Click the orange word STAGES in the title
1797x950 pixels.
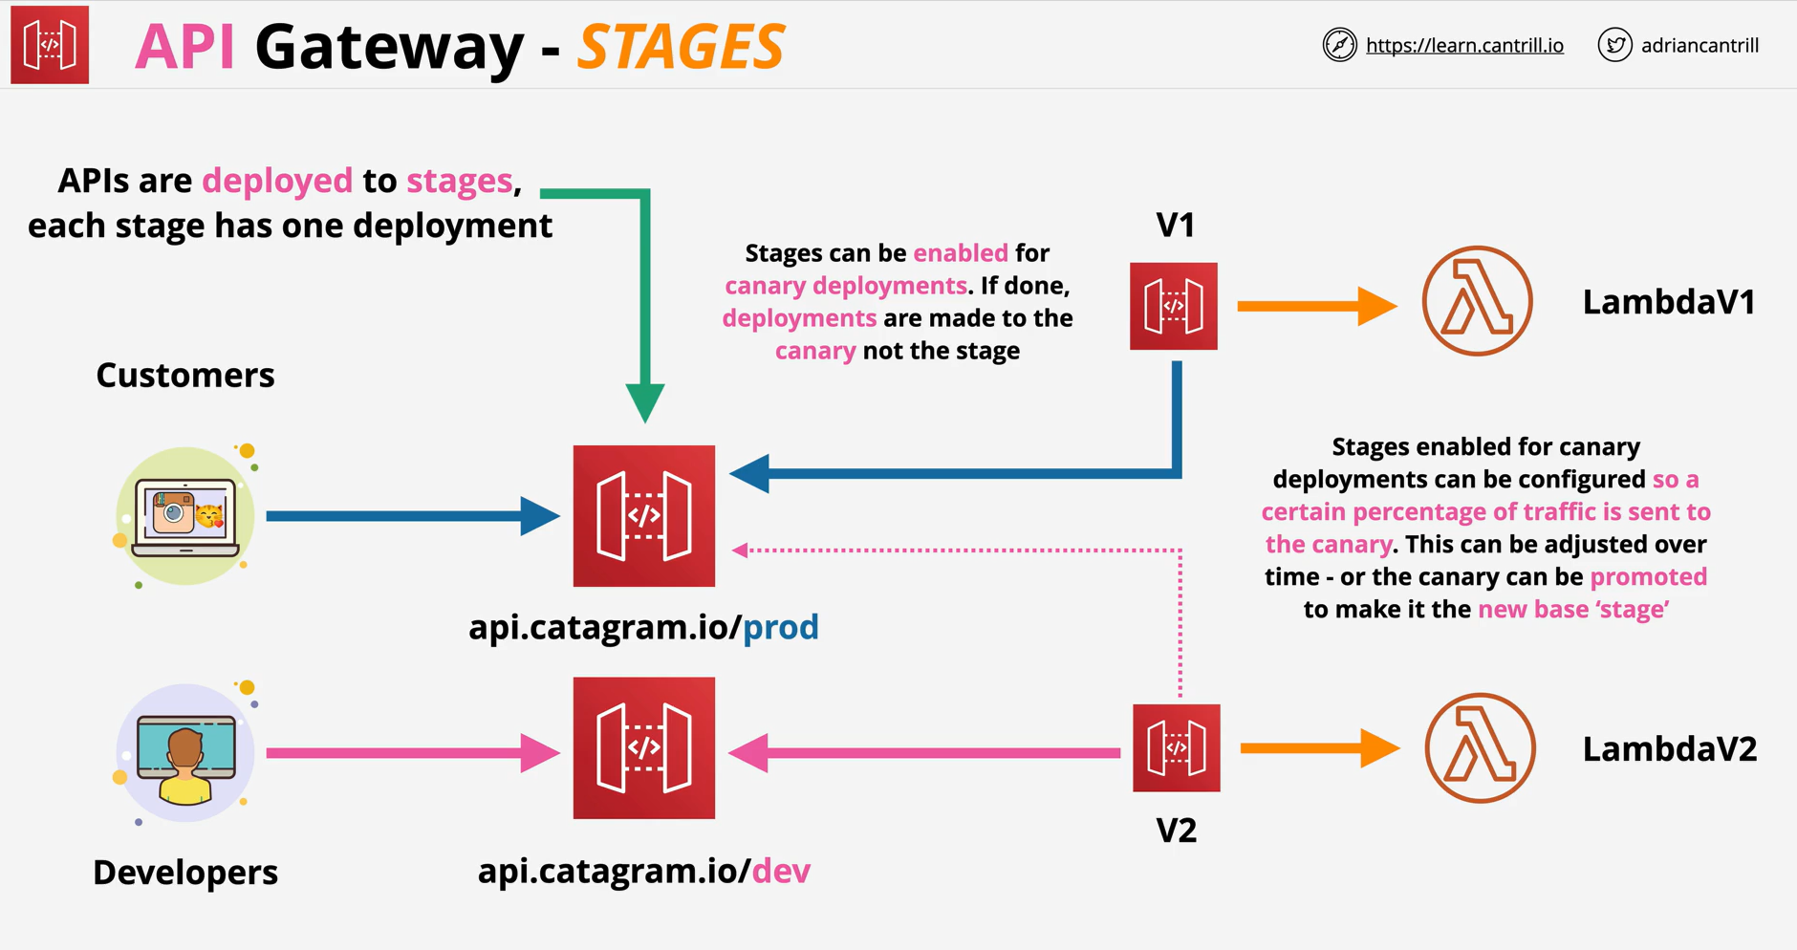point(681,47)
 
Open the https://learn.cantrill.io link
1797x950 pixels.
point(1464,45)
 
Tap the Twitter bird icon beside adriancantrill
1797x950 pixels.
point(1614,45)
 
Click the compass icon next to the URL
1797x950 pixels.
point(1339,45)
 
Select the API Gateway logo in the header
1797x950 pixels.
point(50,45)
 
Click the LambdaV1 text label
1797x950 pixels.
point(1669,302)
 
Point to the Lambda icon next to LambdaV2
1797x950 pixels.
point(1480,748)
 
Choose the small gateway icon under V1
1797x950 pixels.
point(1174,306)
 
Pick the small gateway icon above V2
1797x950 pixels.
point(1177,748)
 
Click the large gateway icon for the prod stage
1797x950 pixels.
point(644,516)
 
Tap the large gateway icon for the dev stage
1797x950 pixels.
point(644,748)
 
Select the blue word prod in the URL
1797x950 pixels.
point(781,628)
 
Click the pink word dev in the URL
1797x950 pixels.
point(781,871)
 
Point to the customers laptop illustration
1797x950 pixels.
point(185,516)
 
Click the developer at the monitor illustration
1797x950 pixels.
point(185,753)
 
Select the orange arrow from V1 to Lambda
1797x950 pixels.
point(1317,306)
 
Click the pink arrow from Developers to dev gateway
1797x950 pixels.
point(413,753)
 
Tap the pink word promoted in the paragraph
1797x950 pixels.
point(1648,577)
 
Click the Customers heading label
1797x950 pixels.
point(185,375)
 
